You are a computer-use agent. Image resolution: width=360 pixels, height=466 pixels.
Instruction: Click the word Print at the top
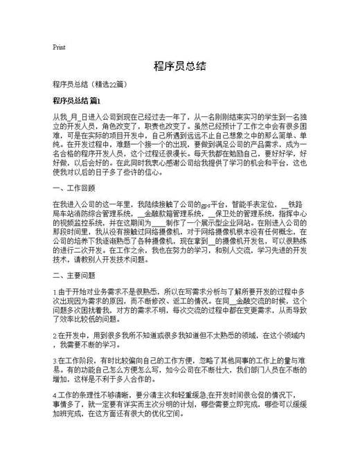tap(59, 47)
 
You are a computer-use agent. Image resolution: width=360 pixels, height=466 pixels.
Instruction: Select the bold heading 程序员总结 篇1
tap(76, 101)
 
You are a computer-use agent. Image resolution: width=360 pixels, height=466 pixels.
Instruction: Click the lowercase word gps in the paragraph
tap(202, 205)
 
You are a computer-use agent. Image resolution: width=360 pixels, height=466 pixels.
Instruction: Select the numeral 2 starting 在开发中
tap(54, 336)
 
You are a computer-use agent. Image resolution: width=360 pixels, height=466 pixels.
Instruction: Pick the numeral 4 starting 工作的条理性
tap(54, 396)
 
